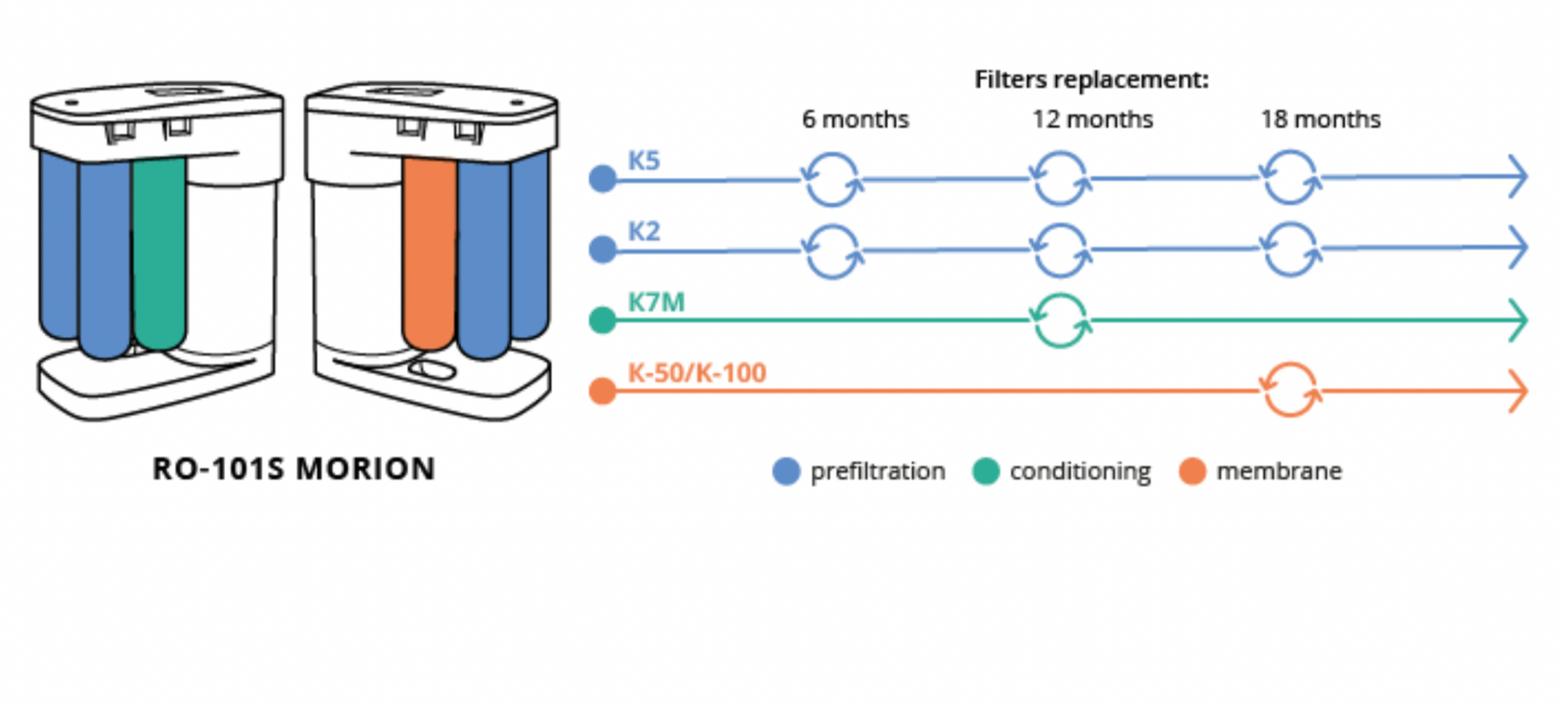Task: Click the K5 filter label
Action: (643, 161)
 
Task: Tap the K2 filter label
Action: (643, 232)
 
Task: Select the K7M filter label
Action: (656, 302)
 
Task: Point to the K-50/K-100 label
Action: (696, 373)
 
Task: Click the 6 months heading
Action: (855, 120)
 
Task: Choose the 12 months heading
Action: (1092, 120)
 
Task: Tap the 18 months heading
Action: (1320, 120)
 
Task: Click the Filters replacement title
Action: (1091, 80)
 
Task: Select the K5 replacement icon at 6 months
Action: (832, 179)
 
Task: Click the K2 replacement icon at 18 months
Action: (1290, 249)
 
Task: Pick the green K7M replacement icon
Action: (1061, 320)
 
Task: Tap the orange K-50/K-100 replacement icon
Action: (1290, 390)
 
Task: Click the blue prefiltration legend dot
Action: (786, 471)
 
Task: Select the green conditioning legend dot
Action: (985, 471)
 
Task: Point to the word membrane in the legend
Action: (1279, 471)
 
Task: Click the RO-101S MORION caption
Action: (294, 469)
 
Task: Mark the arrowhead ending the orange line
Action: (1518, 391)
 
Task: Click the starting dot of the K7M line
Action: (602, 320)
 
